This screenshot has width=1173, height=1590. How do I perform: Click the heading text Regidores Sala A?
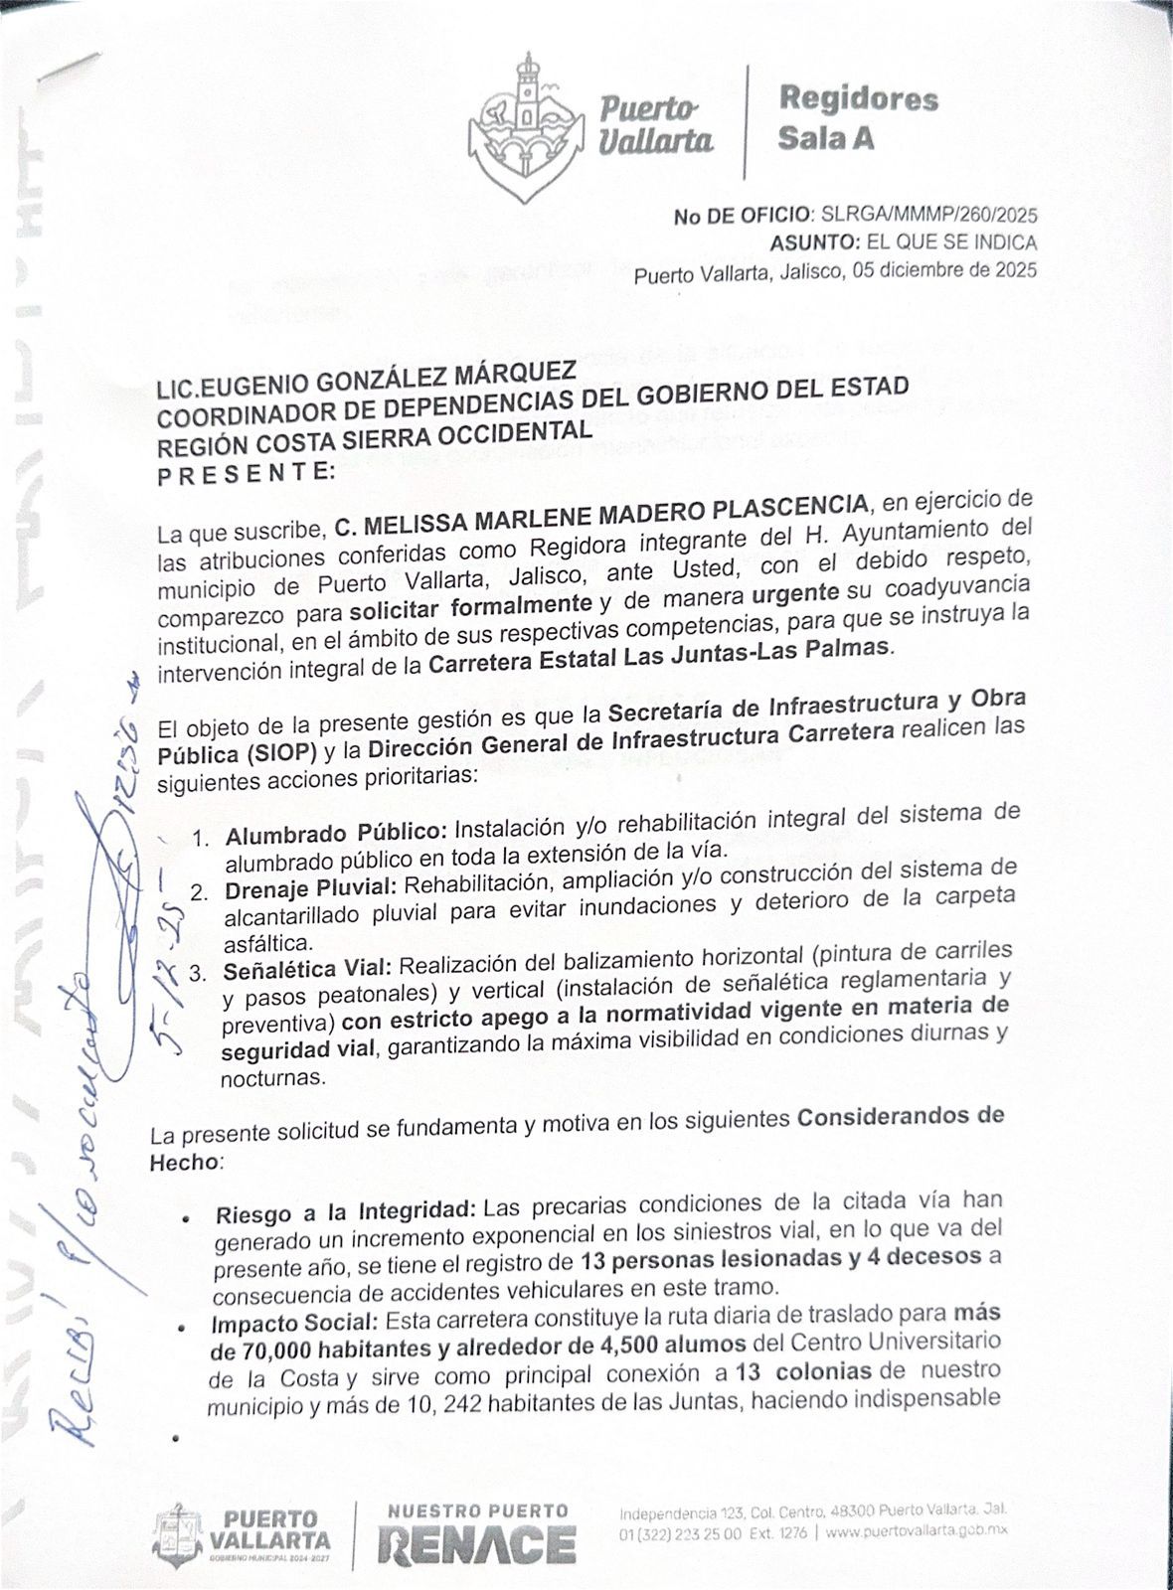[x=857, y=118]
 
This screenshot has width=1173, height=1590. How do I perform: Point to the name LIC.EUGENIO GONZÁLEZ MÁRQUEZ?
[x=366, y=382]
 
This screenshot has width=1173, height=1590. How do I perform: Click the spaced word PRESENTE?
[x=247, y=471]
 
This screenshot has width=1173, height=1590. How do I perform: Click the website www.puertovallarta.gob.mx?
[x=917, y=1533]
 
